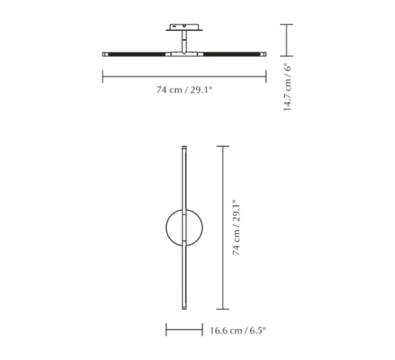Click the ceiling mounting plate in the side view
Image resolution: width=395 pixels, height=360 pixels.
(184, 27)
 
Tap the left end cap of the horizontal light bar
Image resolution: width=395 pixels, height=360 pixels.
(104, 54)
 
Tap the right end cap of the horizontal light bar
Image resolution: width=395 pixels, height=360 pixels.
(264, 54)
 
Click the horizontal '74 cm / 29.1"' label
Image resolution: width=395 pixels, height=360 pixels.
(184, 90)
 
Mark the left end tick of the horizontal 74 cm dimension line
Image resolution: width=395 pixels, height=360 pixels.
(103, 77)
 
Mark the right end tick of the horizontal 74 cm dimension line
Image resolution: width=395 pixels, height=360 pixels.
(266, 77)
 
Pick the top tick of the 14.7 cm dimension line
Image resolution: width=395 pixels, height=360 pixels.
(286, 25)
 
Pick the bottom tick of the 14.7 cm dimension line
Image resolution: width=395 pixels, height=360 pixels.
(286, 55)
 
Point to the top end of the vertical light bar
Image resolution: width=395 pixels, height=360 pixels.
(184, 149)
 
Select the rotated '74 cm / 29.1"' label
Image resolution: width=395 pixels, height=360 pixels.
(236, 228)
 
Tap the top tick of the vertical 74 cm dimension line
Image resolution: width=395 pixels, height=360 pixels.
(222, 147)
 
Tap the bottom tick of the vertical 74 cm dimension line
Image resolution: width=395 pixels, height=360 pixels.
(222, 308)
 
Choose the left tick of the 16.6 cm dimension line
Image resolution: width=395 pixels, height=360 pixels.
(166, 330)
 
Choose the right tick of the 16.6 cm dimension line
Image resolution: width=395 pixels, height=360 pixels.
(203, 330)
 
